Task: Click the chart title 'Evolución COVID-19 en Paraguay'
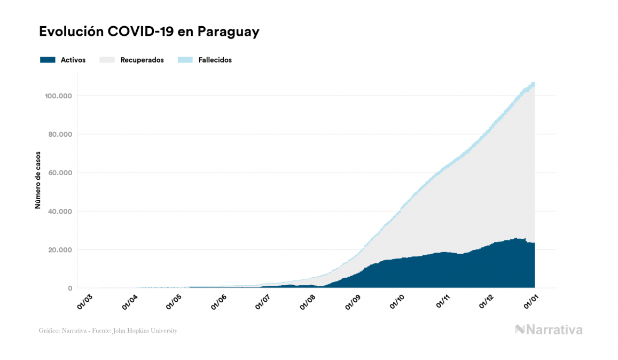(149, 32)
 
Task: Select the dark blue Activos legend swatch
(48, 60)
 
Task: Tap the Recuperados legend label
(142, 60)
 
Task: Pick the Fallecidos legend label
(215, 60)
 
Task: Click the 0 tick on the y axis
(69, 288)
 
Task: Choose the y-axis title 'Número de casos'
(38, 183)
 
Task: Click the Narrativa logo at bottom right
(549, 330)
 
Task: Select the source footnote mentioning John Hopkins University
(108, 331)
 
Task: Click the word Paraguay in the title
(229, 32)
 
